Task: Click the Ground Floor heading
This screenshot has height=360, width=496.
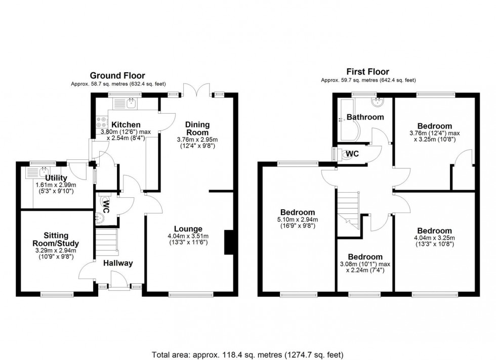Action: click(117, 76)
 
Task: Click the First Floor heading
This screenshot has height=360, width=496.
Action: click(368, 72)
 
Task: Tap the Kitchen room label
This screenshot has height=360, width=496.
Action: click(126, 125)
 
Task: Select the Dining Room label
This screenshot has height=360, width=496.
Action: click(197, 128)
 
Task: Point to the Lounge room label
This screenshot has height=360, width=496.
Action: click(188, 229)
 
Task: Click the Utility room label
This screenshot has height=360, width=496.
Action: click(56, 178)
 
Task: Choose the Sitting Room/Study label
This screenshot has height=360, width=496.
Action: click(56, 240)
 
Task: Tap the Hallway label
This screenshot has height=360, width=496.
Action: click(118, 263)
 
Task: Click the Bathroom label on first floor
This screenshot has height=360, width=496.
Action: click(365, 117)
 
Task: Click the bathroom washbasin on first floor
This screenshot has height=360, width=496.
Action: click(377, 102)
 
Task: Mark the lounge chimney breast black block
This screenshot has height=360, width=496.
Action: click(229, 242)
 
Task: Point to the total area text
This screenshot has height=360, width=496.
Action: click(247, 355)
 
